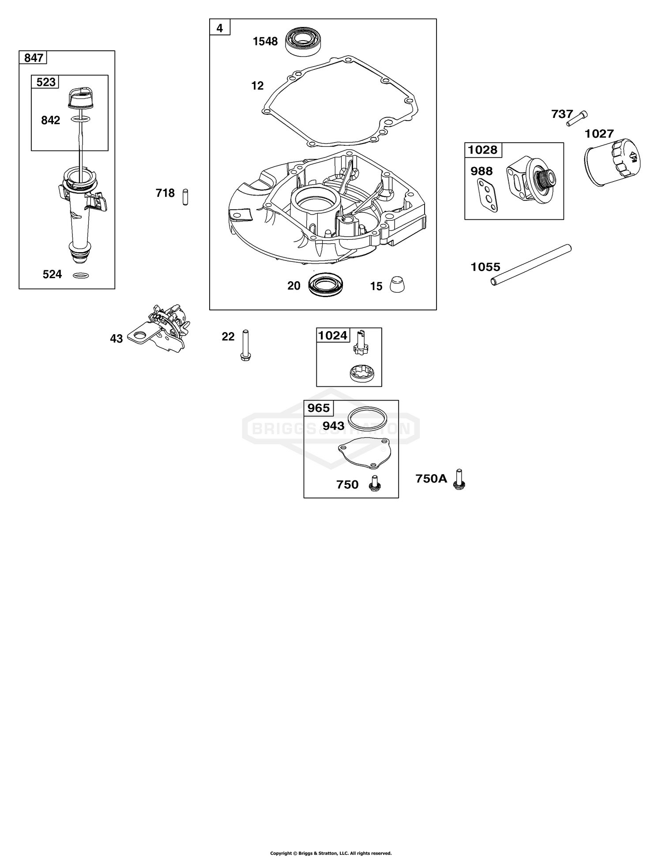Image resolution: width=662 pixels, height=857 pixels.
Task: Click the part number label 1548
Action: [x=265, y=42]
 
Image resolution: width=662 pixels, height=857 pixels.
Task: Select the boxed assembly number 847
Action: [x=34, y=58]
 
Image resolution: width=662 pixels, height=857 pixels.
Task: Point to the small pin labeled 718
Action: [x=186, y=196]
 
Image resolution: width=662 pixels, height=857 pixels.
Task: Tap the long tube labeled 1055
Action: [x=531, y=264]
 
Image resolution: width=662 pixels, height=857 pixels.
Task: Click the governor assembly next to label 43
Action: [x=161, y=328]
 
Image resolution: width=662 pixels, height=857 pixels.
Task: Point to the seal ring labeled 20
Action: [x=327, y=285]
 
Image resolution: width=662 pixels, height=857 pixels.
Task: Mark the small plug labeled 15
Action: [x=398, y=285]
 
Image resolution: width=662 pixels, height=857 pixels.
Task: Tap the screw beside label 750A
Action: [x=459, y=480]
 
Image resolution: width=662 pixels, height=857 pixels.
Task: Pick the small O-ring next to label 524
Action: [x=79, y=276]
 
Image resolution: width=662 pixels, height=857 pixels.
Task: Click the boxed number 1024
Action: [x=333, y=336]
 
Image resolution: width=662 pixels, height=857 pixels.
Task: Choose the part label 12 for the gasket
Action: [x=257, y=86]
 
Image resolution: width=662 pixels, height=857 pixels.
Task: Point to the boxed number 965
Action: [x=319, y=408]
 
